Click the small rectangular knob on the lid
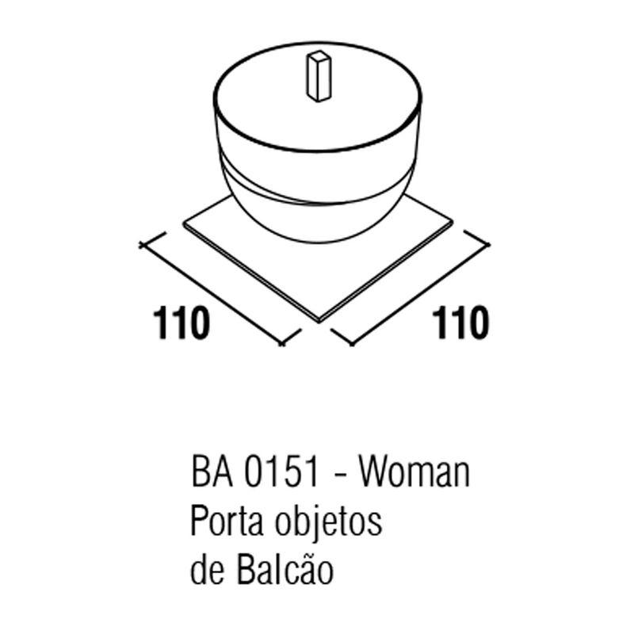[319, 76]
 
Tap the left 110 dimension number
[181, 323]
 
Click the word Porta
[227, 521]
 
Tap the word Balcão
[285, 569]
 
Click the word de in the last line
[207, 570]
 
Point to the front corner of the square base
[319, 322]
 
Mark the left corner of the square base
[184, 223]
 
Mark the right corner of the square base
[453, 222]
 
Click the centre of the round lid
[318, 97]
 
